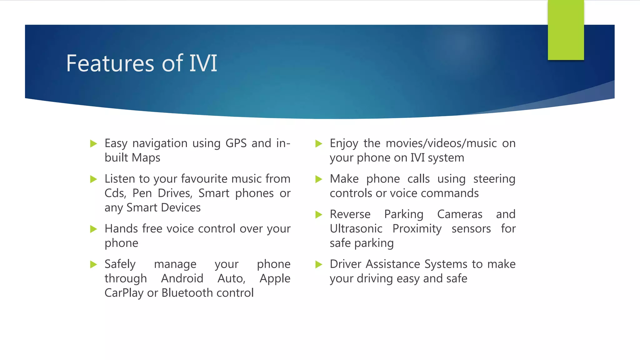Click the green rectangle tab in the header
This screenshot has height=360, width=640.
[566, 30]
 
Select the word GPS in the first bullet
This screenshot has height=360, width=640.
[236, 143]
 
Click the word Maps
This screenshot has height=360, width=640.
[146, 158]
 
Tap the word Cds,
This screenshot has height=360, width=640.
[115, 193]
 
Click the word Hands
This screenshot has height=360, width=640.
[122, 228]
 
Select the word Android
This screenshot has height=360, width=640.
[182, 278]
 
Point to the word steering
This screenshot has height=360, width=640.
[494, 179]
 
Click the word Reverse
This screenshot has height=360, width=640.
[350, 214]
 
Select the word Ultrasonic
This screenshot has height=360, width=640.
[356, 229]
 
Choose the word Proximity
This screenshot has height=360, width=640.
[417, 229]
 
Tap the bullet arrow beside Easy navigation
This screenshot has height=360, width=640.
[93, 144]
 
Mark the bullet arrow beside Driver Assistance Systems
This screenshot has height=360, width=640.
[318, 265]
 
